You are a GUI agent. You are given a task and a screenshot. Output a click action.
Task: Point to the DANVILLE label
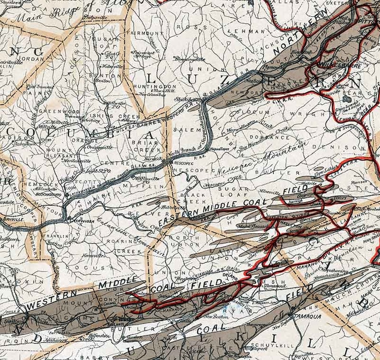pyautogui.click(x=13, y=219)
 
